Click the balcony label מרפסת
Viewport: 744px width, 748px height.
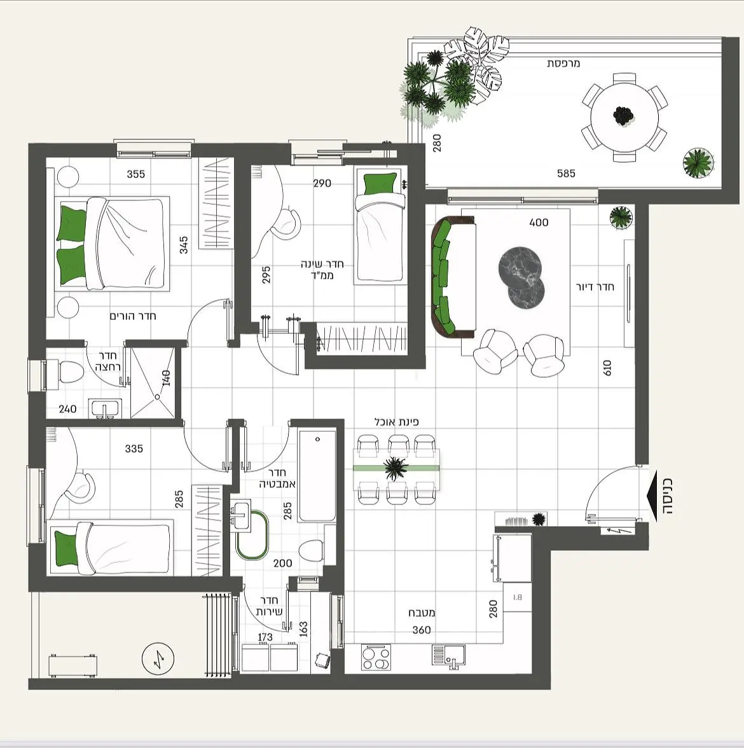pyautogui.click(x=563, y=64)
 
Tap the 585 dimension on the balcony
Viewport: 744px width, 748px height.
pyautogui.click(x=566, y=174)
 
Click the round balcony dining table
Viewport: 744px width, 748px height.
pyautogui.click(x=624, y=117)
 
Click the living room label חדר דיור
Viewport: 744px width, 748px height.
pyautogui.click(x=595, y=287)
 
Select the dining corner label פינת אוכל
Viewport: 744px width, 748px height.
pyautogui.click(x=396, y=422)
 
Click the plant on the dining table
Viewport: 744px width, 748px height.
pyautogui.click(x=396, y=468)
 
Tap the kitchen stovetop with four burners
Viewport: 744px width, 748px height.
pyautogui.click(x=376, y=658)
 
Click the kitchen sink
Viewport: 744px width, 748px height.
pyautogui.click(x=448, y=655)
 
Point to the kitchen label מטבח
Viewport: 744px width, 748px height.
pyautogui.click(x=422, y=613)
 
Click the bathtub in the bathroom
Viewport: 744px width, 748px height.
pyautogui.click(x=317, y=476)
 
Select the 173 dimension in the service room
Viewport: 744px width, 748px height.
pyautogui.click(x=265, y=637)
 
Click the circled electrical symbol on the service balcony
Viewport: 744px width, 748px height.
pyautogui.click(x=158, y=659)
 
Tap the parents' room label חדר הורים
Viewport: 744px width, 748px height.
pyautogui.click(x=133, y=316)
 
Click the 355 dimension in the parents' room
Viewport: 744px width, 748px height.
pyautogui.click(x=136, y=174)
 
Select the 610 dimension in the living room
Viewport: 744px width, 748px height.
pyautogui.click(x=607, y=368)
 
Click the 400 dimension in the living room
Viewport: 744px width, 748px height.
pyautogui.click(x=539, y=223)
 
